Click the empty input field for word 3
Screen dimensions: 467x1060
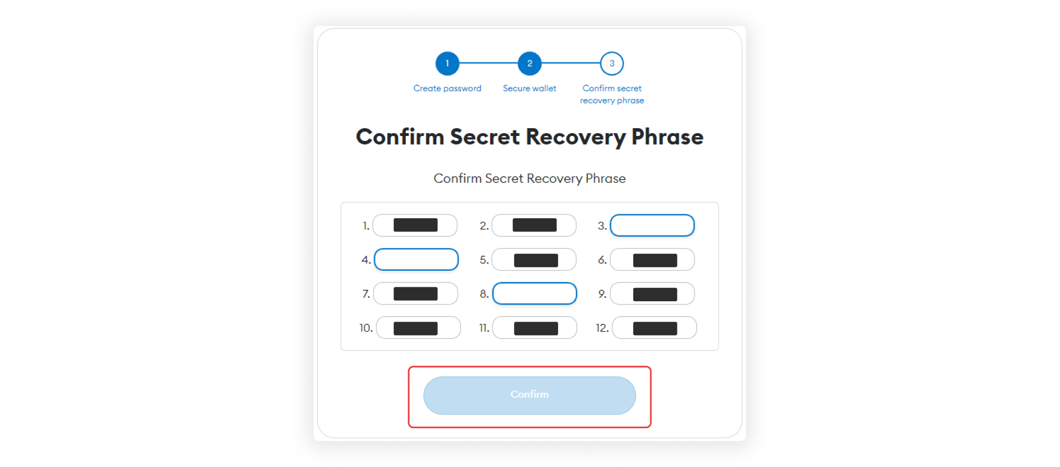click(x=652, y=225)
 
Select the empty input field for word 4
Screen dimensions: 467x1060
click(x=416, y=259)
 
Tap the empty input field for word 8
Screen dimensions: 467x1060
click(x=534, y=293)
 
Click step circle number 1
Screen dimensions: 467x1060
click(x=447, y=64)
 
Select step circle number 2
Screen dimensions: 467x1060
click(x=529, y=64)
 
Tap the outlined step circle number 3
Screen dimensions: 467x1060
click(x=612, y=64)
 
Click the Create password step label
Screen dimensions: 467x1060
click(x=447, y=88)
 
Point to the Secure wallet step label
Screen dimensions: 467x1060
click(x=529, y=88)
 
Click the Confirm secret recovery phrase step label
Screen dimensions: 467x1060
click(x=612, y=95)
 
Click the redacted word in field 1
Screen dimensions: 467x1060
click(x=415, y=225)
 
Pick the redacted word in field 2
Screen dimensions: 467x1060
click(x=534, y=225)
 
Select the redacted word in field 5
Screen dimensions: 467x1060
click(x=536, y=260)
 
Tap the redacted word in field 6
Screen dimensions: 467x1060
click(x=655, y=260)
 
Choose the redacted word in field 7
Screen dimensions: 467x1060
click(x=415, y=294)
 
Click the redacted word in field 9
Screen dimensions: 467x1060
click(x=655, y=295)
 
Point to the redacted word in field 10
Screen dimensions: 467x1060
click(x=415, y=329)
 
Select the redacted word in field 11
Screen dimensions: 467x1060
click(x=536, y=329)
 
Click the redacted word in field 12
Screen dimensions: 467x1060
click(x=655, y=329)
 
